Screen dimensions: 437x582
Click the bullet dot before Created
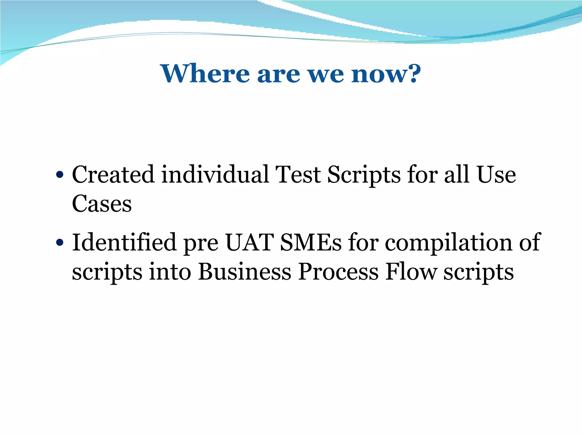pyautogui.click(x=59, y=175)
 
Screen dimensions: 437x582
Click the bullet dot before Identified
pyautogui.click(x=59, y=243)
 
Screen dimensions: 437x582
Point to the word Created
pyautogui.click(x=113, y=174)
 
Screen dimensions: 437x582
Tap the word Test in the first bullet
pyautogui.click(x=298, y=174)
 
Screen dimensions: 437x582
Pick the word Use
pyautogui.click(x=496, y=174)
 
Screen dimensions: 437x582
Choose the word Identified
pyautogui.click(x=124, y=242)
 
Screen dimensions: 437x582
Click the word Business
pyautogui.click(x=245, y=272)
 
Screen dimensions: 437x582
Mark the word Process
pyautogui.click(x=338, y=272)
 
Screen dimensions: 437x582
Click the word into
pyautogui.click(x=170, y=272)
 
